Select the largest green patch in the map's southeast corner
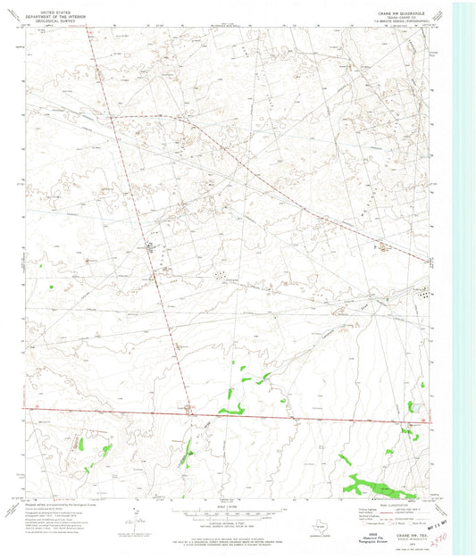coord(375,487)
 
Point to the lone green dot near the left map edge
coord(52,287)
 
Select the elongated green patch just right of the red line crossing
coord(232,411)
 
